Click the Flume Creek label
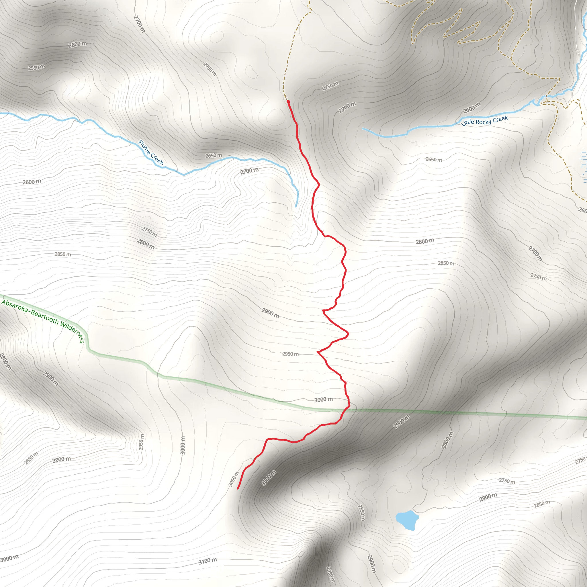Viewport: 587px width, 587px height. pos(151,152)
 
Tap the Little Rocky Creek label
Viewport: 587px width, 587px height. pos(484,121)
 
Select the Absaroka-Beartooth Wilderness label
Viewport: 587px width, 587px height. pos(43,320)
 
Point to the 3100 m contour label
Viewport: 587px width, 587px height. pos(208,561)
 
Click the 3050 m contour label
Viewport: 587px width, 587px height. pos(234,479)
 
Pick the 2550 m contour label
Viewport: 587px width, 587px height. pos(36,67)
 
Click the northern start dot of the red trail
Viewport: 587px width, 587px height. pos(288,101)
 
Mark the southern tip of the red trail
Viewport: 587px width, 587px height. pos(238,489)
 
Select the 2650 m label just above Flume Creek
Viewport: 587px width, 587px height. pos(214,156)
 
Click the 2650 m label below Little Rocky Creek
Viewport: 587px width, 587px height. pos(434,160)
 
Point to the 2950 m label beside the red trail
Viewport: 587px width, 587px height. pos(290,354)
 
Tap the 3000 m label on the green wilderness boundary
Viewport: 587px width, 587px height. pos(323,400)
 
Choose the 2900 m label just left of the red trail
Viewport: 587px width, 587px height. pos(270,313)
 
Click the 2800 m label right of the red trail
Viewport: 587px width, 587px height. pos(425,241)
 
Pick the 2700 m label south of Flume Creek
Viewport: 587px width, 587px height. pos(249,171)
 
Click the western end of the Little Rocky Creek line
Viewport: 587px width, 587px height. pos(363,128)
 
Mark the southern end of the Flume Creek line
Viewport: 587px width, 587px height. pos(296,207)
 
